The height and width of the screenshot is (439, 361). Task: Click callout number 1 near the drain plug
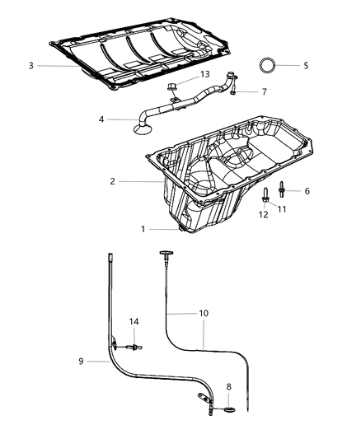tap(142, 228)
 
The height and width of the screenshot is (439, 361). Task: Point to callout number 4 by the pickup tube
tap(101, 119)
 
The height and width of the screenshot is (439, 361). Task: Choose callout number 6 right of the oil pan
tap(307, 191)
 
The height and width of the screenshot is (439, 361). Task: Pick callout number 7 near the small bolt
tap(264, 91)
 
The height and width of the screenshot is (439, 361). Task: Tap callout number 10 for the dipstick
tap(204, 314)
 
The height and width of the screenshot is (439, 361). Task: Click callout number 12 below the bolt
tap(265, 214)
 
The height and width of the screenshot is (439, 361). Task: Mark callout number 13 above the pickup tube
tap(205, 75)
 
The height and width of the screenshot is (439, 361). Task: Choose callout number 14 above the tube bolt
tap(133, 321)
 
